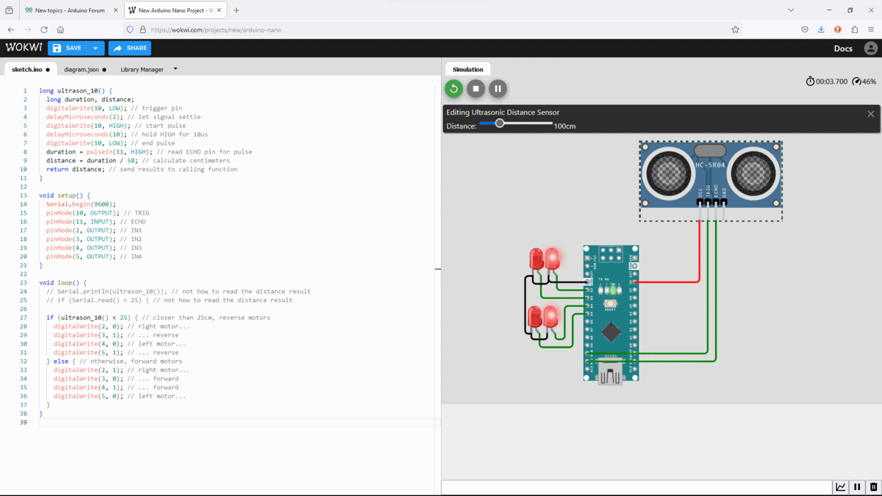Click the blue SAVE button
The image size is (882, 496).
coord(67,48)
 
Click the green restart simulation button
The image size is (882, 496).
coord(453,89)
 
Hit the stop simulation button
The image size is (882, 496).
coord(476,89)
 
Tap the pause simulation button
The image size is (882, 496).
coord(498,89)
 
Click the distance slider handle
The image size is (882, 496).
coord(500,123)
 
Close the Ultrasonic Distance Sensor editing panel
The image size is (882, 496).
coord(871,114)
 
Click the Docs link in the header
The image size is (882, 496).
coord(843,48)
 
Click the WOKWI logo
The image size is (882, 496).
coord(24,48)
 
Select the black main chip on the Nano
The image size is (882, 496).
coord(611,332)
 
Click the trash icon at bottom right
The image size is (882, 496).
coord(873,487)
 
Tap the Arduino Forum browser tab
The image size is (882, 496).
coord(70,10)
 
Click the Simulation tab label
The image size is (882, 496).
coord(467,69)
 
